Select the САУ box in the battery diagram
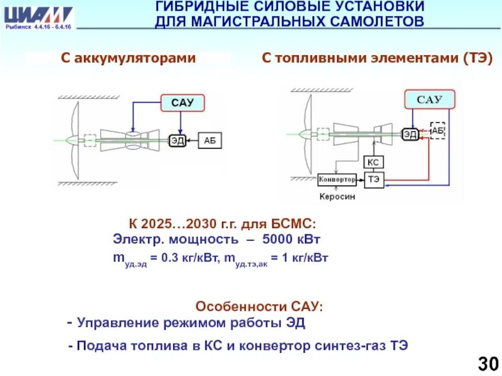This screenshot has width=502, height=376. pyautogui.click(x=183, y=103)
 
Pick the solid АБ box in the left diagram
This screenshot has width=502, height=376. pyautogui.click(x=210, y=140)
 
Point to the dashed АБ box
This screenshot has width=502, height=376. pyautogui.click(x=437, y=130)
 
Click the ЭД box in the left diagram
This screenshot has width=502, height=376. pyautogui.click(x=177, y=140)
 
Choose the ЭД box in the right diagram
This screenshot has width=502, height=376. pyautogui.click(x=410, y=133)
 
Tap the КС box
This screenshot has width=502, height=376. pyautogui.click(x=373, y=162)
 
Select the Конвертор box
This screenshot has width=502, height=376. pyautogui.click(x=338, y=179)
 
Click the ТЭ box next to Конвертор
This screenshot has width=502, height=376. pyautogui.click(x=374, y=179)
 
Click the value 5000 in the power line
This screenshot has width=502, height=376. pyautogui.click(x=280, y=239)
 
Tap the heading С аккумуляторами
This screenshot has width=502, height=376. pyautogui.click(x=128, y=58)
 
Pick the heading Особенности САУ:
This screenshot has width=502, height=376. pyautogui.click(x=260, y=307)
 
